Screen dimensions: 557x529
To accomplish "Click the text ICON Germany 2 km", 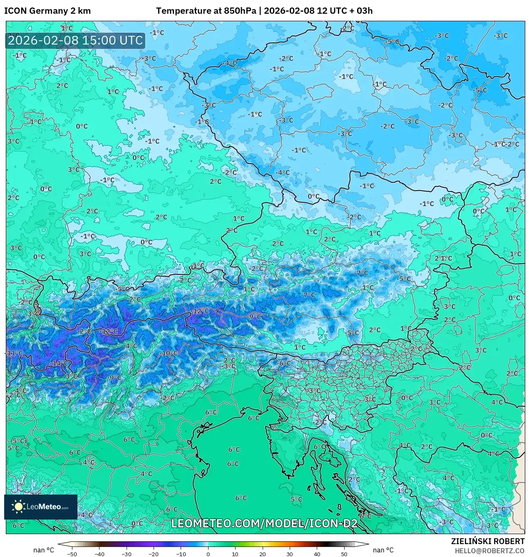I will coord(47,11).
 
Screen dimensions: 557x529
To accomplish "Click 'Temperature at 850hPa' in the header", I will coord(206,11).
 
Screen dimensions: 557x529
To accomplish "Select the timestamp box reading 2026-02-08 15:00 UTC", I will coord(75,40).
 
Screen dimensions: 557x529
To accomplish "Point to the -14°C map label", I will coord(59,363).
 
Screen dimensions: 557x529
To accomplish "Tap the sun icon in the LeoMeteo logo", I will coord(18,507).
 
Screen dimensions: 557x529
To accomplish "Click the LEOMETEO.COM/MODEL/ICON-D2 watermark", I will coord(264,523).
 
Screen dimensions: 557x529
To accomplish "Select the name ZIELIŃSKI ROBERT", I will coord(488,541).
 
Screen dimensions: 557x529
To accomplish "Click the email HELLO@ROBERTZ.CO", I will coord(489,551).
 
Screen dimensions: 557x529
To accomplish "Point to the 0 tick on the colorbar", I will coord(208,554).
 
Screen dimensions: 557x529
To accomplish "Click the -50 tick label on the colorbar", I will coord(72,554).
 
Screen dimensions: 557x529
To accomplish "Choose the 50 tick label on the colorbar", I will coord(344,554).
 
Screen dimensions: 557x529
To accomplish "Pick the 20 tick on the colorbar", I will coord(263,554).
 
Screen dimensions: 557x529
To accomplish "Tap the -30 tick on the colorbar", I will coord(127,554).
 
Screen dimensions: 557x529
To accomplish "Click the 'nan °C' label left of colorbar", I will coord(44,550).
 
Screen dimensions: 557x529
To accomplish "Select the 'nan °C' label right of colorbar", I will coord(383,550).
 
